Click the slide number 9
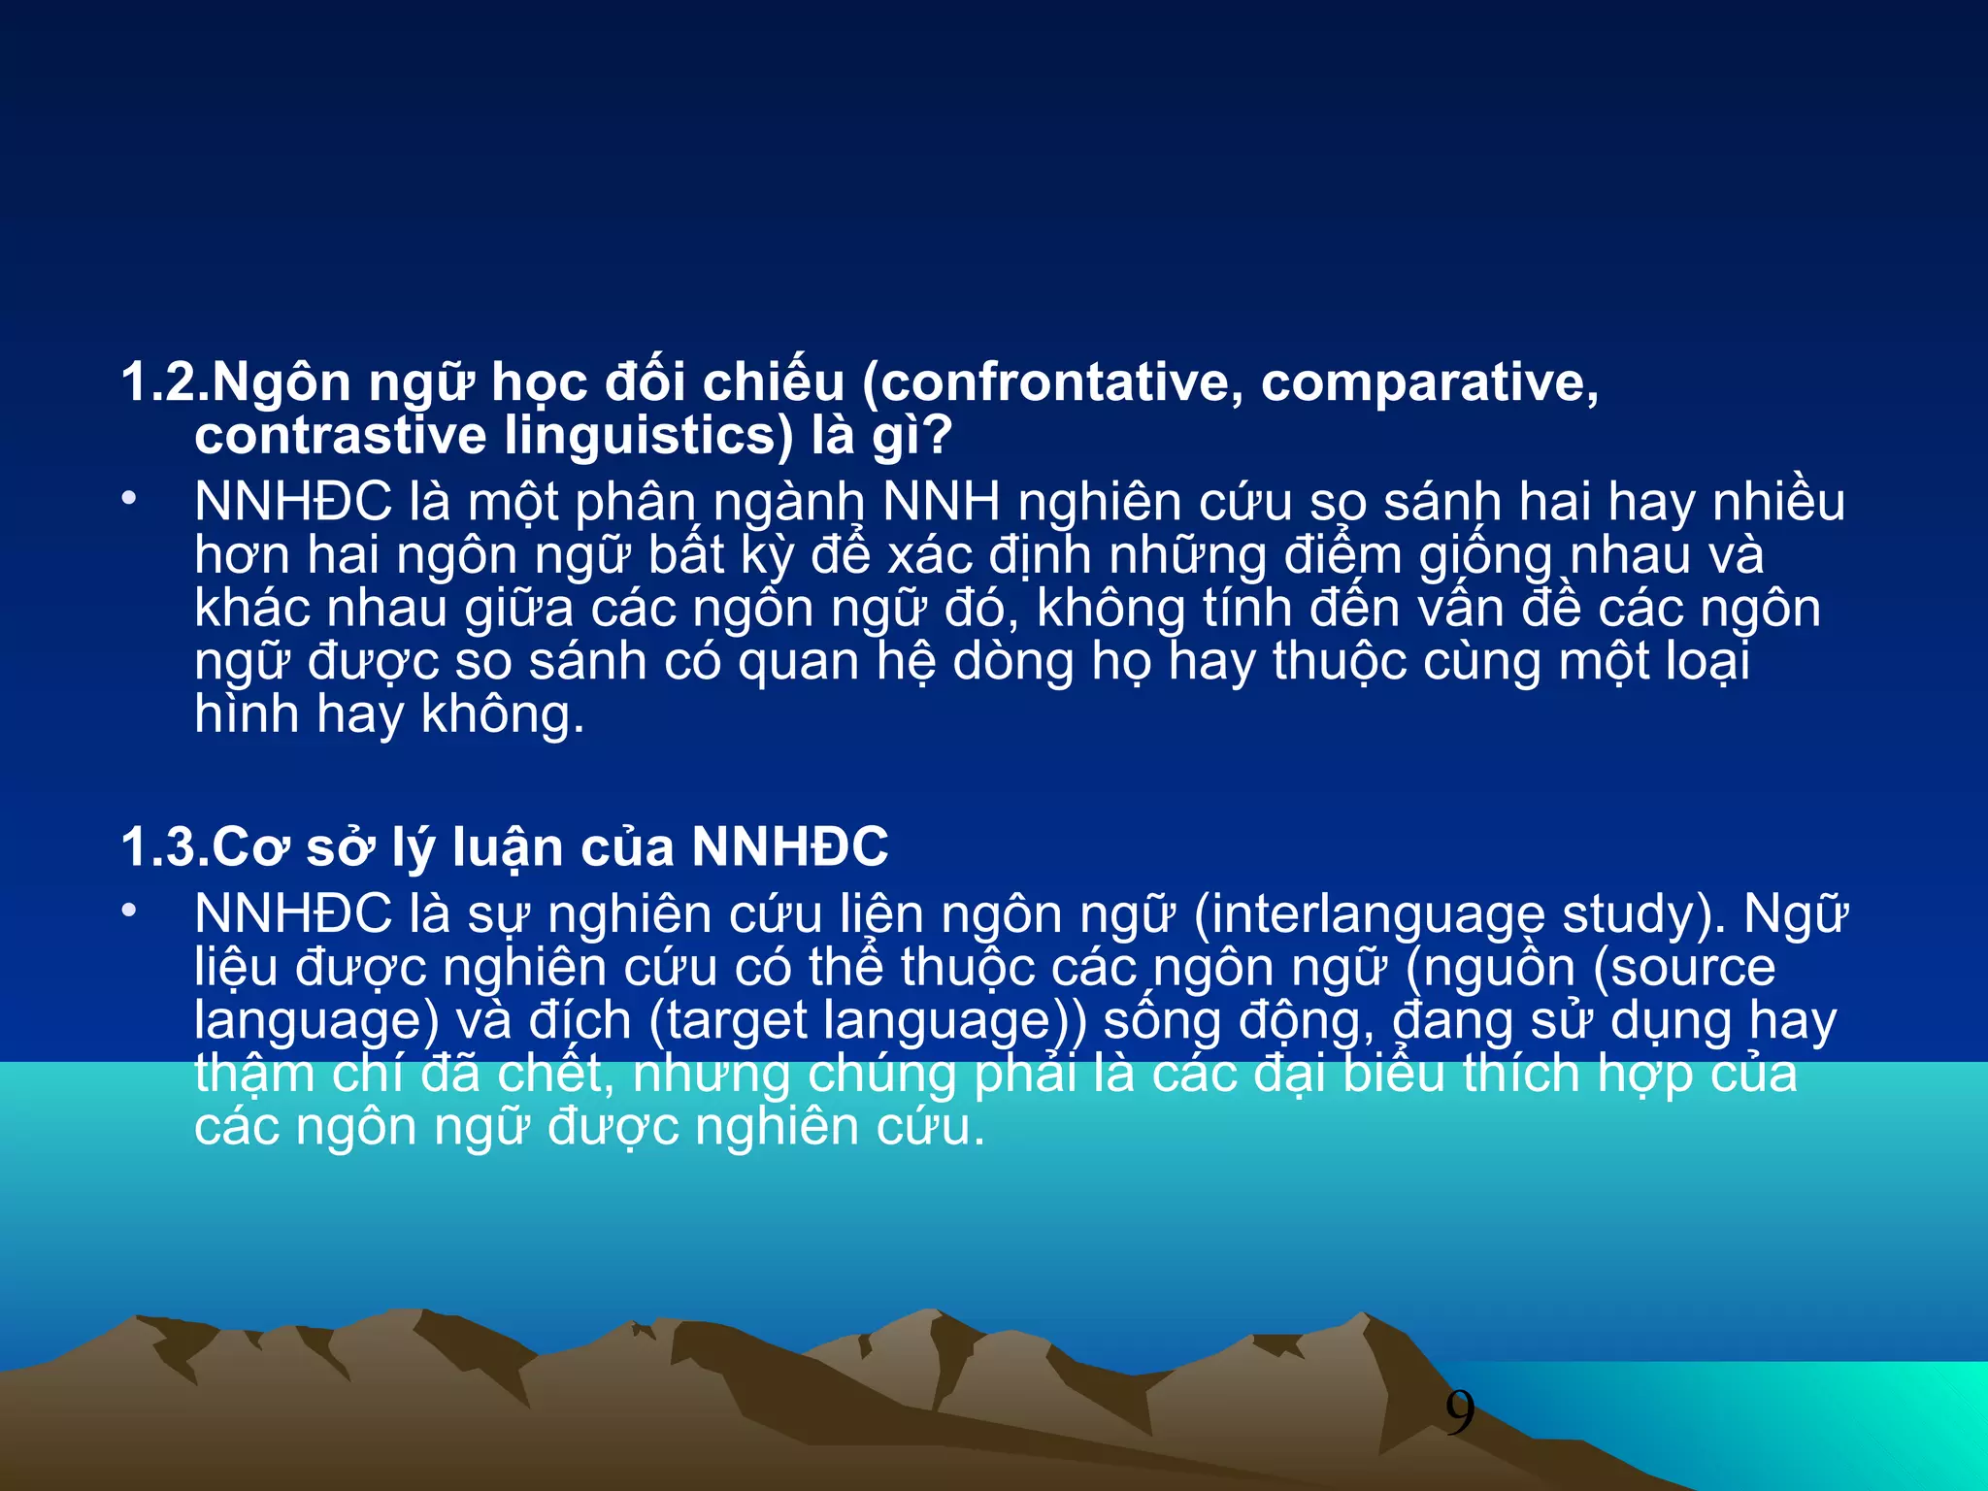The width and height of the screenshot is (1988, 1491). (1459, 1413)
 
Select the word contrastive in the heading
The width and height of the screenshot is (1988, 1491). (340, 436)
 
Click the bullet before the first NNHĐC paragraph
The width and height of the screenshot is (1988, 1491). (129, 499)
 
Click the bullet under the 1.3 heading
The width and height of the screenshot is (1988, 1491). (129, 911)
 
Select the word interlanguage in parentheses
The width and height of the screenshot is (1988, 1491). (1369, 915)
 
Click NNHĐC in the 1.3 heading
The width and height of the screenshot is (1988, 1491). (789, 846)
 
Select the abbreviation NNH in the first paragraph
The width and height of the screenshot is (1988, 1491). (941, 503)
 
